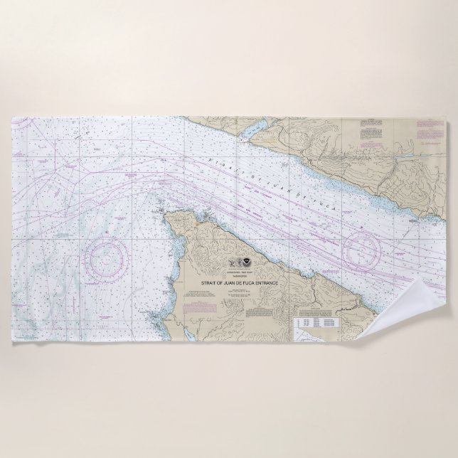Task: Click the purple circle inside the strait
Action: (x=364, y=249)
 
